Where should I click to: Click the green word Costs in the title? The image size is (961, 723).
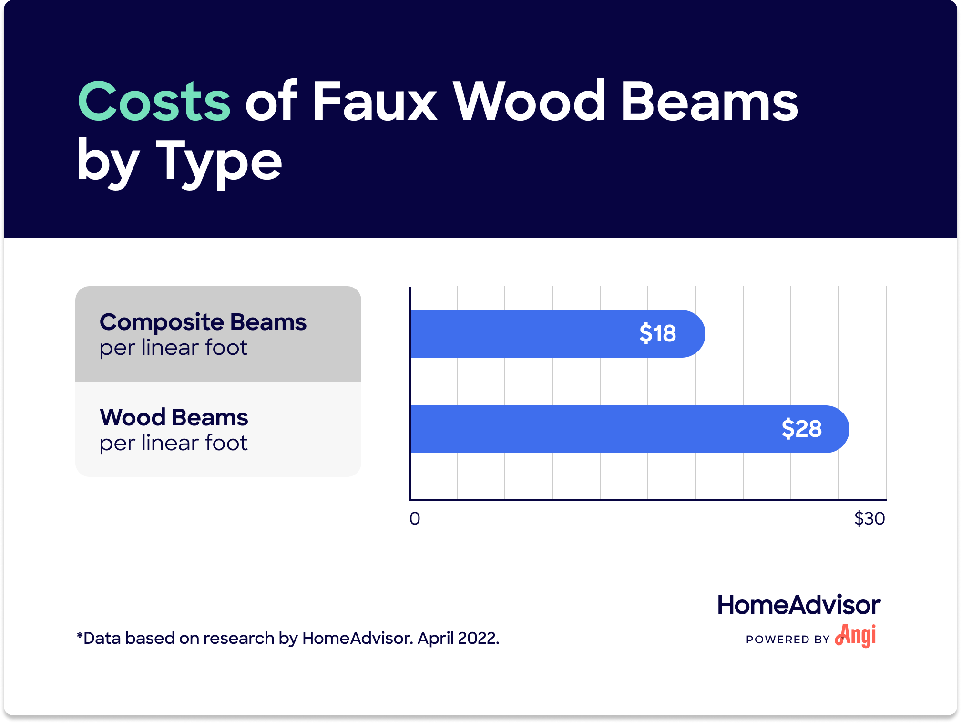(154, 101)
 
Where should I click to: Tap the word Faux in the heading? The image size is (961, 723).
(375, 101)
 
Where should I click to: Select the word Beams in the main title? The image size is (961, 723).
(710, 101)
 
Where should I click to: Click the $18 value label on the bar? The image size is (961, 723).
(657, 333)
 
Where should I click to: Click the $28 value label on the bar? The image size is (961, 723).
(801, 429)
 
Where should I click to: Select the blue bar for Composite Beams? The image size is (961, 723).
(557, 334)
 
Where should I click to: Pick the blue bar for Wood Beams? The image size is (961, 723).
(629, 429)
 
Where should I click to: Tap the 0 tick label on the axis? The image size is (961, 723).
(415, 518)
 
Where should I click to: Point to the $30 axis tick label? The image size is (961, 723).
(869, 518)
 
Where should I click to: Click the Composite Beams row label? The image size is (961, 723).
(203, 323)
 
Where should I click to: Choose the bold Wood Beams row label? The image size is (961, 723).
(174, 417)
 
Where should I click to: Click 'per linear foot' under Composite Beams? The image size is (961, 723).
(174, 348)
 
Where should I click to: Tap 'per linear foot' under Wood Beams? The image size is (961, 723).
(174, 443)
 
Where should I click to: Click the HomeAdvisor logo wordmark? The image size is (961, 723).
(799, 605)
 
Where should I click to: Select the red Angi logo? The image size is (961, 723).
(856, 636)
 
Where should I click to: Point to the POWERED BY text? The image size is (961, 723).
(788, 640)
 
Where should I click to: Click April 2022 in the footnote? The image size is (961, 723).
(459, 638)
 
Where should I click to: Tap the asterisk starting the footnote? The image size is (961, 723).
(80, 635)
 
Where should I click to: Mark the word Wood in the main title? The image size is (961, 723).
(529, 101)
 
